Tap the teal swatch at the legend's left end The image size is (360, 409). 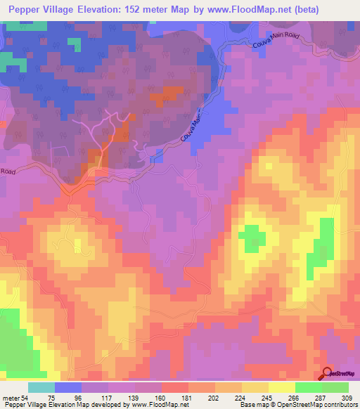[41, 388]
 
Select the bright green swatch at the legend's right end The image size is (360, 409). [335, 388]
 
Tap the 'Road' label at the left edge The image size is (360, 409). [8, 171]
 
